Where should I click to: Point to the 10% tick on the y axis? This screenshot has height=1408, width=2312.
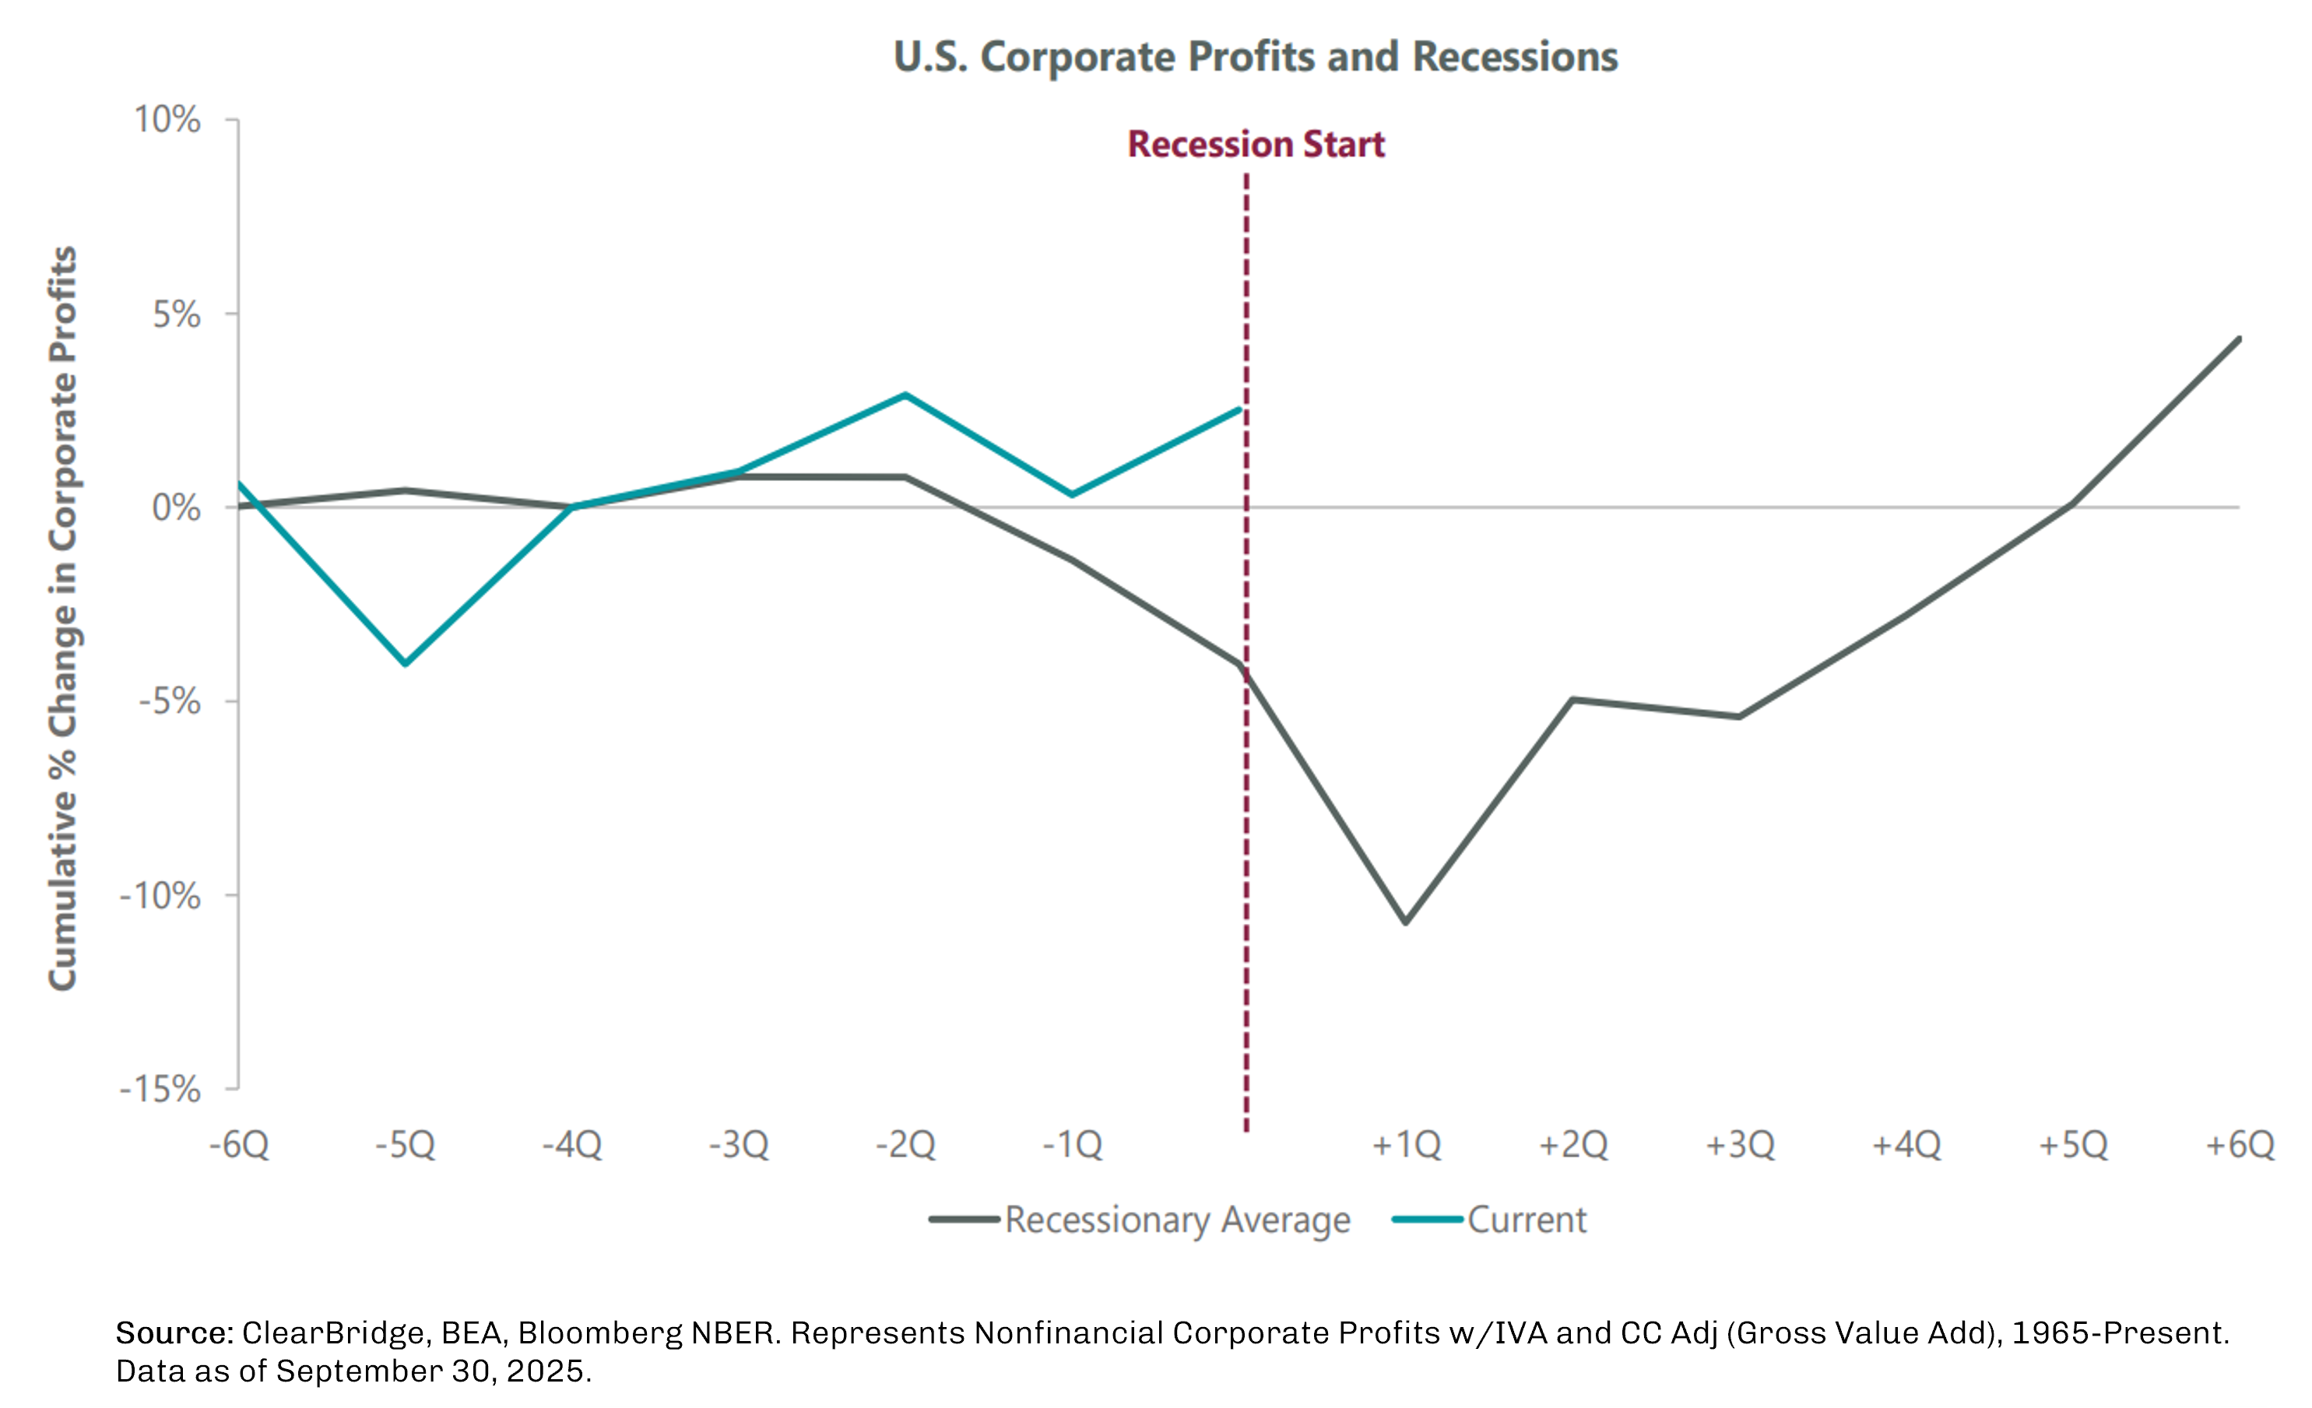click(x=167, y=120)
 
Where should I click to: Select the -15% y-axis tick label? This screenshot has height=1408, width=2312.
click(x=160, y=1089)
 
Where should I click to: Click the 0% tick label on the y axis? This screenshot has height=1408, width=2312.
click(x=177, y=507)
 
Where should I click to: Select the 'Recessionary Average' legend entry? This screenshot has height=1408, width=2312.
click(x=1177, y=1220)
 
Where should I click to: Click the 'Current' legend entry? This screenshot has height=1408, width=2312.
click(x=1527, y=1220)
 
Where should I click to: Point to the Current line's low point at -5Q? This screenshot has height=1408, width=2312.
click(x=406, y=663)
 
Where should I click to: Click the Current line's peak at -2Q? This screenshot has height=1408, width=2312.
click(x=905, y=395)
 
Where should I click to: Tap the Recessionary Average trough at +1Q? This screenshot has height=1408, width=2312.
click(x=1406, y=922)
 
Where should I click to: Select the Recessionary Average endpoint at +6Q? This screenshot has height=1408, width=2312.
click(x=2239, y=339)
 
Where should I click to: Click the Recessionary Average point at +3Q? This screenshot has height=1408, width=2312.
click(x=1739, y=717)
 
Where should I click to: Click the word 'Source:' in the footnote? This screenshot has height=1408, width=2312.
click(x=174, y=1333)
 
